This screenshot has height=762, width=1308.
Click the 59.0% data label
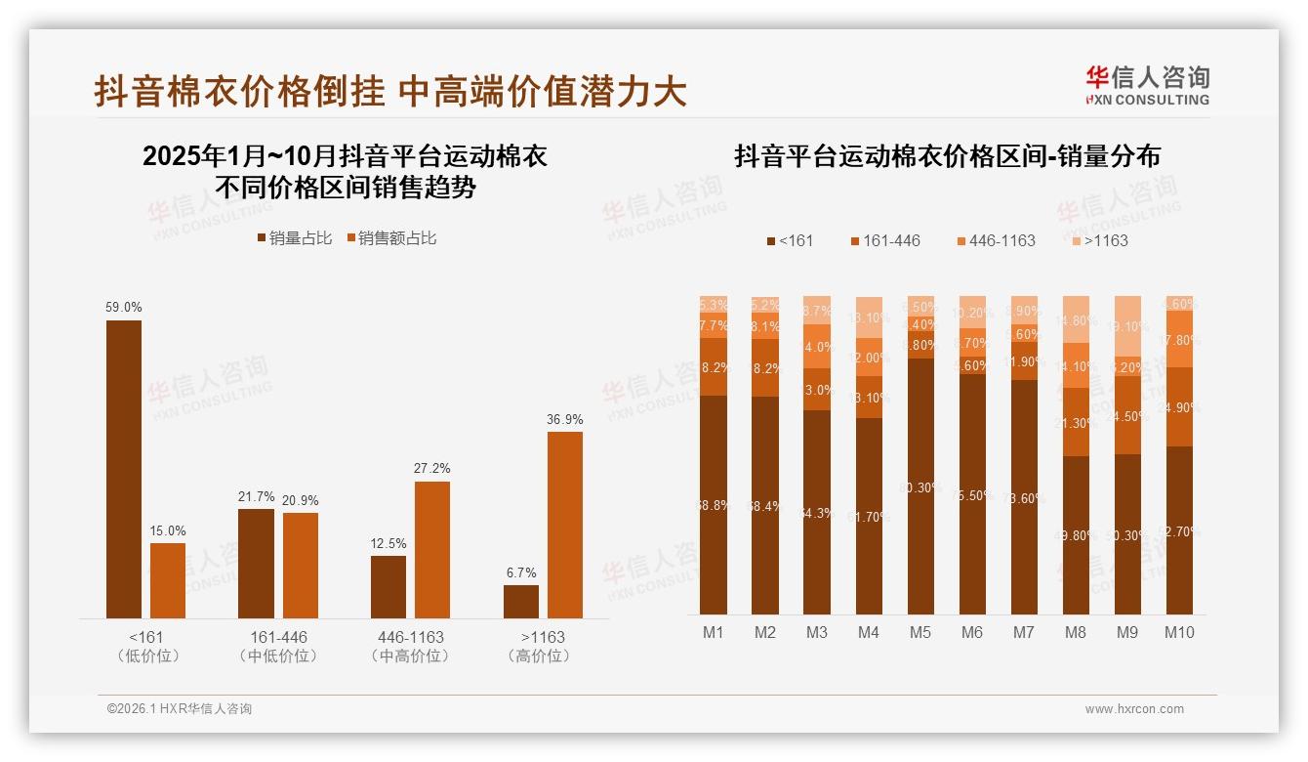click(x=124, y=307)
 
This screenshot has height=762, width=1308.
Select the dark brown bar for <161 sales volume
click(x=124, y=469)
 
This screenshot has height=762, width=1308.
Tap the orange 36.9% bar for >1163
click(x=565, y=525)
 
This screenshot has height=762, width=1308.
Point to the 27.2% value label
click(x=432, y=468)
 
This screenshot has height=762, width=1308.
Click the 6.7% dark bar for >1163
click(x=521, y=601)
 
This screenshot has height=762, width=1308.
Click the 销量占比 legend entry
click(x=294, y=238)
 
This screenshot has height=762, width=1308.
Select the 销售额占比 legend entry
click(x=391, y=238)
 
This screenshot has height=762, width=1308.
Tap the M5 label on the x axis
click(x=920, y=632)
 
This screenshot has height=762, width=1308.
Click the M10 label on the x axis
click(x=1179, y=632)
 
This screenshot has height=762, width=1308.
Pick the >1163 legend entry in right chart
click(x=1099, y=240)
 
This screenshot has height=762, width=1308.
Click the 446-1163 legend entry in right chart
click(x=996, y=240)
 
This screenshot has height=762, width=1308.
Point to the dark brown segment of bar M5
click(x=920, y=486)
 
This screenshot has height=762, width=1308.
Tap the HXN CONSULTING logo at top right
click(x=1147, y=85)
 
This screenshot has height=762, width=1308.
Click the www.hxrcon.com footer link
click(x=1134, y=709)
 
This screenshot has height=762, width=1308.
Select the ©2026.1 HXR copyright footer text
click(x=180, y=709)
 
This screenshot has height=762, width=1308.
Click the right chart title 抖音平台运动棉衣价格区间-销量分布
click(x=947, y=156)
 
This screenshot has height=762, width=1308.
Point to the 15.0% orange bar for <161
click(x=168, y=580)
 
